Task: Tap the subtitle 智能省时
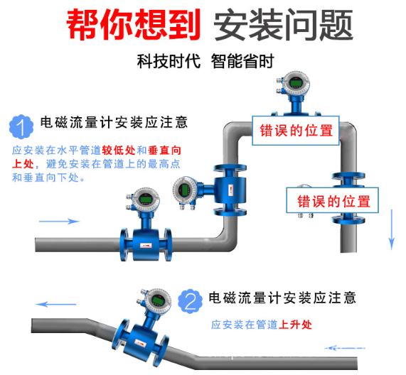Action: [x=242, y=62]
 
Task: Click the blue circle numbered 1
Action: [x=22, y=128]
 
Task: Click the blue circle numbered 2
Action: [x=189, y=301]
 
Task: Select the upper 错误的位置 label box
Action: [x=292, y=130]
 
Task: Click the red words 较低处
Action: [x=118, y=151]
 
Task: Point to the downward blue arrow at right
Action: [x=390, y=234]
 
